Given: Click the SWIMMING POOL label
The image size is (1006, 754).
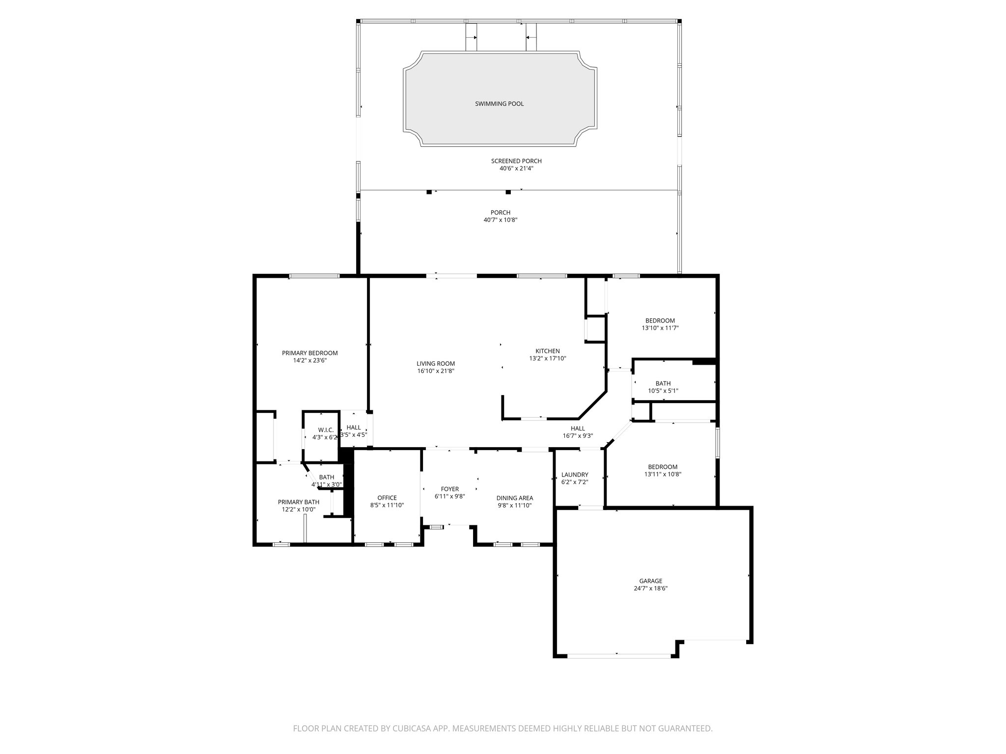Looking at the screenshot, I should (499, 104).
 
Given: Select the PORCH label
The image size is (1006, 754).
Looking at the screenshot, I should (500, 213).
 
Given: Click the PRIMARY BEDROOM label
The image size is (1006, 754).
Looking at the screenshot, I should (309, 353).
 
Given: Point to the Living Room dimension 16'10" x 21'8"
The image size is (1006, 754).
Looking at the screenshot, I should (435, 371).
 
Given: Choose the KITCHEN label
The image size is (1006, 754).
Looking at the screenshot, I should (547, 351).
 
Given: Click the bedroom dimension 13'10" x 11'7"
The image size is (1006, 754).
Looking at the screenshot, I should (660, 328).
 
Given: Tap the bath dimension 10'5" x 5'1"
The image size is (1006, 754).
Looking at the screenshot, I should (663, 391).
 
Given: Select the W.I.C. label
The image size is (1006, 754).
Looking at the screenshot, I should (326, 430).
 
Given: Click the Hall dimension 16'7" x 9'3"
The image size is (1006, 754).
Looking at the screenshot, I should (578, 435).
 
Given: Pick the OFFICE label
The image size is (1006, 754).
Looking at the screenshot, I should (387, 498).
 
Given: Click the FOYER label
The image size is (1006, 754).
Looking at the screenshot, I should (449, 489).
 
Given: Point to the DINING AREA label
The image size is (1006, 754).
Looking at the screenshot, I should (514, 498).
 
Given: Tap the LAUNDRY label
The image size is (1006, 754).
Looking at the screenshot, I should (574, 475).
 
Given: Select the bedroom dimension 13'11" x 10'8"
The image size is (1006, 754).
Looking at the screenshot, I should (663, 474).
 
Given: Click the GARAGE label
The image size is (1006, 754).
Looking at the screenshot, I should (650, 581).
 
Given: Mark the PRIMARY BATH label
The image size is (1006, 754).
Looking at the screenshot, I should (298, 502).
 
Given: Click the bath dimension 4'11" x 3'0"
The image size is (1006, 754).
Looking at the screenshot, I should (327, 485).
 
